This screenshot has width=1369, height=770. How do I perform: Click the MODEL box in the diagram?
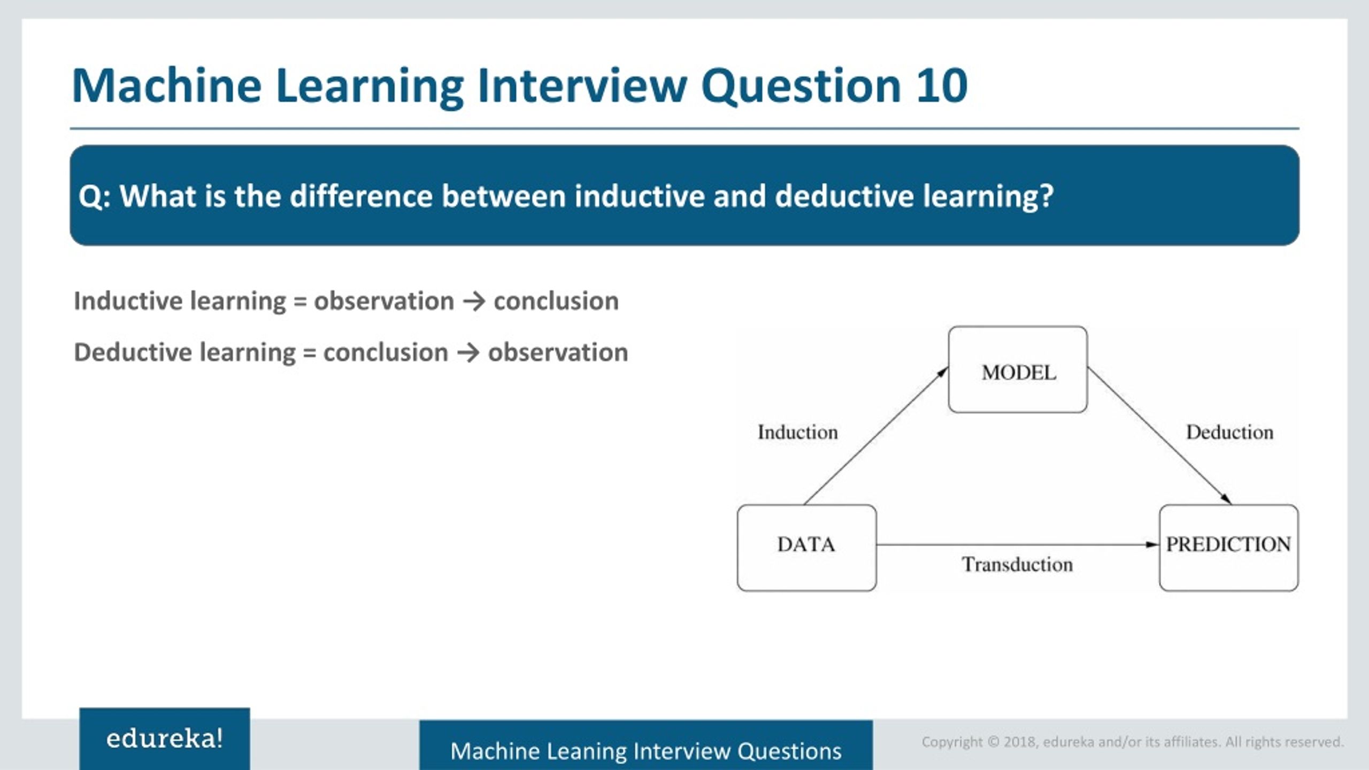coord(1018,370)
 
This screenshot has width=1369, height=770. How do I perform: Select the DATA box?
coord(806,548)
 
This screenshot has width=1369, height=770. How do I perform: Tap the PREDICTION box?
coord(1228,548)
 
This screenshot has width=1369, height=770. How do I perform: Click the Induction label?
coord(797,432)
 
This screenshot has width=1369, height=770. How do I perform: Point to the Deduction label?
coord(1229,432)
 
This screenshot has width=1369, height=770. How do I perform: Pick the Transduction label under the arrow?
coord(1017,565)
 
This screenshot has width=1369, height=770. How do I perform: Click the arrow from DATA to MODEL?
coord(875,436)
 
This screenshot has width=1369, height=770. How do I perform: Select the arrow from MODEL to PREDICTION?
coord(1159,436)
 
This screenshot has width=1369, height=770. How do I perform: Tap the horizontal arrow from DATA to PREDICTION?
coord(1016,545)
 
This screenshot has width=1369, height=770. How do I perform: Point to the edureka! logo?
coord(165,739)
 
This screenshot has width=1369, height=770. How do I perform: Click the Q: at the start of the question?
coord(94,196)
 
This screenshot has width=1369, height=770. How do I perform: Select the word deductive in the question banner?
coord(844,196)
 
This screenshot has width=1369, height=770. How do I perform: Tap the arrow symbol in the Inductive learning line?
coord(474,302)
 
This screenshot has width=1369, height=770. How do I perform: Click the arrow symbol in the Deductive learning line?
coord(468,353)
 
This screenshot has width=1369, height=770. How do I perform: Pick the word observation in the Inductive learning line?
coord(383,301)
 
